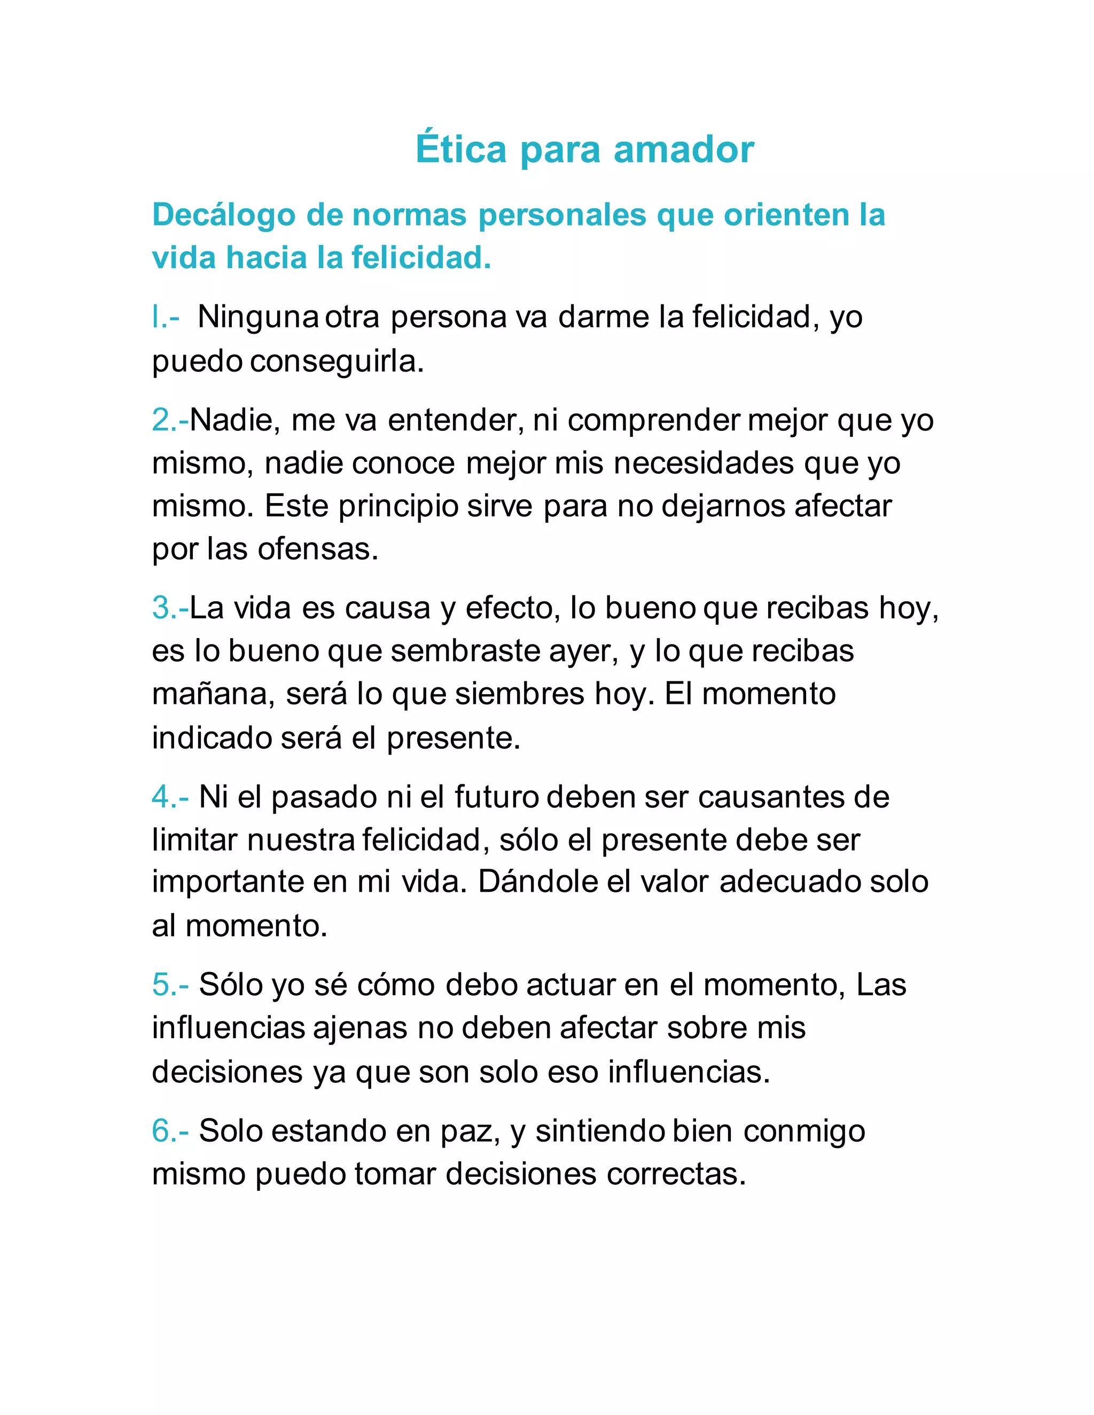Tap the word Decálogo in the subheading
224,215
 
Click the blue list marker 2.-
170,420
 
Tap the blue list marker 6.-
170,1131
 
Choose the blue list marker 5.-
170,985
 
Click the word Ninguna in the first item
257,318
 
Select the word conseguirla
337,361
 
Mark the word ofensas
318,549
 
